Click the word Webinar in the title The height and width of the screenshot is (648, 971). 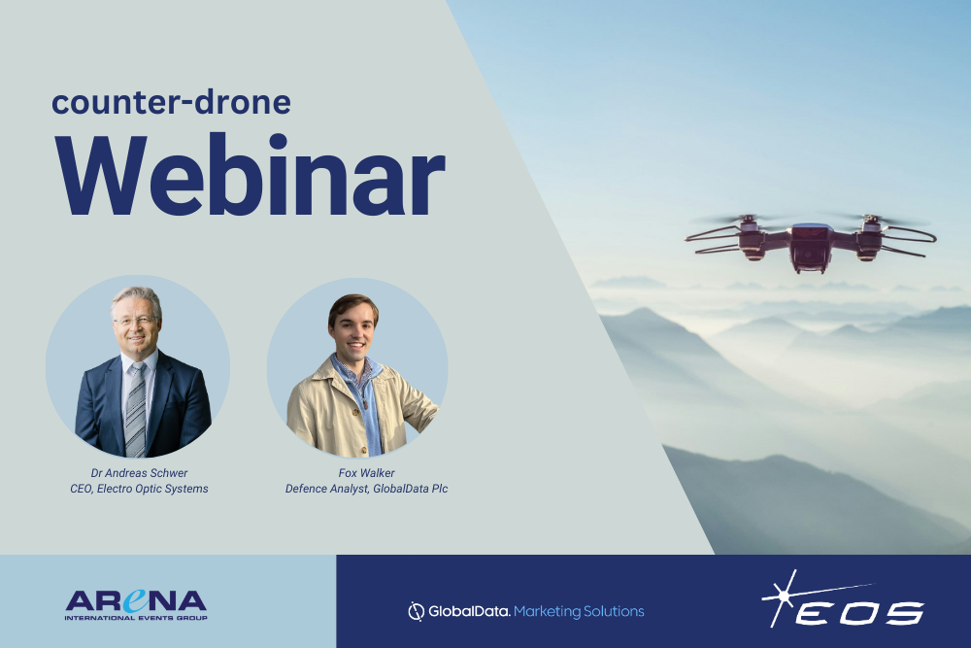click(251, 175)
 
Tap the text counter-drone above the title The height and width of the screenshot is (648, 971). click(172, 102)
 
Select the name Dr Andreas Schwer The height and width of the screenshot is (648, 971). click(139, 473)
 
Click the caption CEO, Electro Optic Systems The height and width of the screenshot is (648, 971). click(139, 489)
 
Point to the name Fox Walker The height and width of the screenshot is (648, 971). click(366, 473)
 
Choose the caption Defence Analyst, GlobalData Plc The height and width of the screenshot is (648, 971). click(366, 489)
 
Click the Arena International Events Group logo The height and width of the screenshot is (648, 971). click(136, 604)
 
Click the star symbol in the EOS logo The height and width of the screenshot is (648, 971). click(784, 597)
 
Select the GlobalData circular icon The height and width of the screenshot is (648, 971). click(416, 611)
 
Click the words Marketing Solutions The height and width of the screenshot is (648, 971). click(579, 611)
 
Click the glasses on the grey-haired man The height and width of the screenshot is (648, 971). click(134, 321)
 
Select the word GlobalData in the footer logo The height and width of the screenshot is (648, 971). click(469, 611)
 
